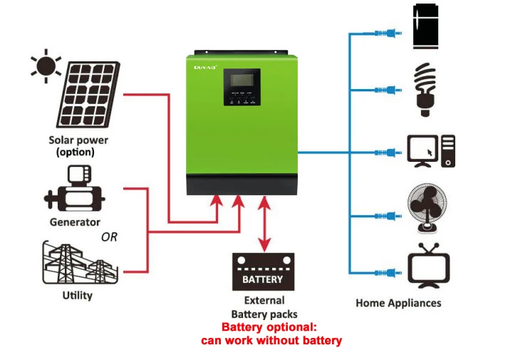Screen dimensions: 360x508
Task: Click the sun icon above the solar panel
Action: pyautogui.click(x=45, y=66)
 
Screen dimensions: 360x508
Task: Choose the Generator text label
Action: pyautogui.click(x=75, y=222)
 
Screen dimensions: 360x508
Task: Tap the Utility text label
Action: pyautogui.click(x=77, y=295)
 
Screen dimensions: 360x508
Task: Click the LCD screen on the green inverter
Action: pyautogui.click(x=242, y=82)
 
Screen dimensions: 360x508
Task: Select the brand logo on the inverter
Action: pyautogui.click(x=205, y=66)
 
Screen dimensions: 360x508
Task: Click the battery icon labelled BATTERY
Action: pyautogui.click(x=263, y=272)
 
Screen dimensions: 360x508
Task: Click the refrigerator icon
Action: pyautogui.click(x=425, y=28)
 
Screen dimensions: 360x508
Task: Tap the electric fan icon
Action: pyautogui.click(x=428, y=207)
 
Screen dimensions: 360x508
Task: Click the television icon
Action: pyautogui.click(x=428, y=265)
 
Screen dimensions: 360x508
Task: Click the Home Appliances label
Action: pyautogui.click(x=398, y=303)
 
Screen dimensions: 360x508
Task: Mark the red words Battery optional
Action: pyautogui.click(x=269, y=327)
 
